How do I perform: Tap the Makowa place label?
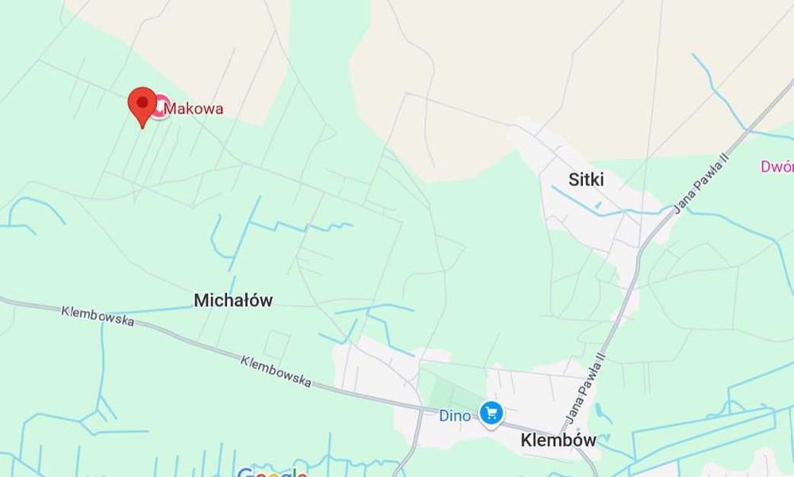(193, 108)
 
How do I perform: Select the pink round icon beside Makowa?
(160, 107)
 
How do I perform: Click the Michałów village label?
(233, 300)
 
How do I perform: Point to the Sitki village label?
(586, 180)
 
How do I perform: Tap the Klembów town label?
(558, 440)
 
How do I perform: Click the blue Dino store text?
(454, 415)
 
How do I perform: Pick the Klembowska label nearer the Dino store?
(276, 370)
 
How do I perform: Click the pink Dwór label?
(777, 167)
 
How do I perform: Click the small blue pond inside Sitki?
(597, 205)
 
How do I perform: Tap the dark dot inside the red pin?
(142, 102)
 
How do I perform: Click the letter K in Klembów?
(526, 440)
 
